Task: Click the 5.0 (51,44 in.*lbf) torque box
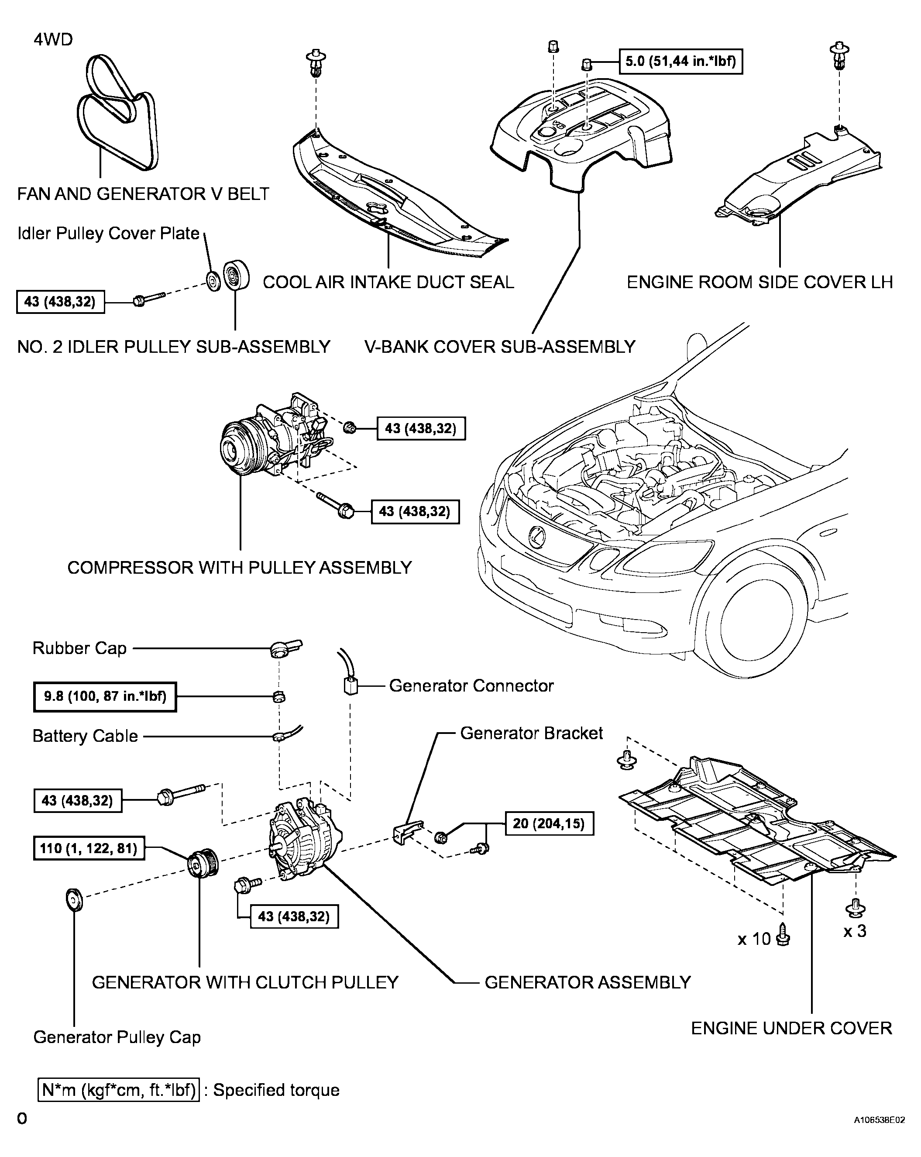point(680,62)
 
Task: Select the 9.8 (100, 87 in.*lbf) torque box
point(105,696)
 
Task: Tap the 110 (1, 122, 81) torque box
point(89,848)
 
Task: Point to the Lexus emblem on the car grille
point(536,536)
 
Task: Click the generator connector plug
point(350,686)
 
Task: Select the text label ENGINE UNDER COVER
point(791,1028)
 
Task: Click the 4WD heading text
point(53,40)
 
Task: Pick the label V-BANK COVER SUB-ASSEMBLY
point(500,347)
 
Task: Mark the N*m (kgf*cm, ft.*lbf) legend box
point(119,1090)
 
